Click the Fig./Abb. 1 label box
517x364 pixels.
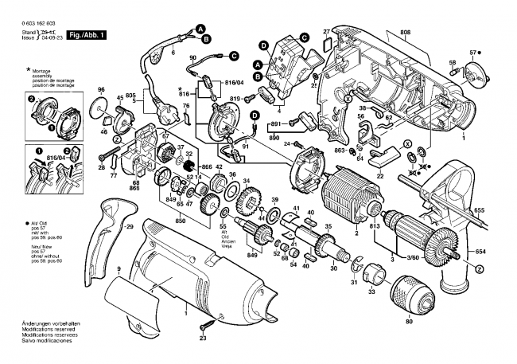[x=87, y=36]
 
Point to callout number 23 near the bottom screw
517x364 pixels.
[x=203, y=339]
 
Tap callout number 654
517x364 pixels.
[x=502, y=252]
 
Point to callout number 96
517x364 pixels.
[x=101, y=88]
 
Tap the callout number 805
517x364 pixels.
[x=130, y=97]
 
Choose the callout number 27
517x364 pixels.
[x=326, y=31]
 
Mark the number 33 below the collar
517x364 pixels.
[x=371, y=294]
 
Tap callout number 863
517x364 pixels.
[x=338, y=150]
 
